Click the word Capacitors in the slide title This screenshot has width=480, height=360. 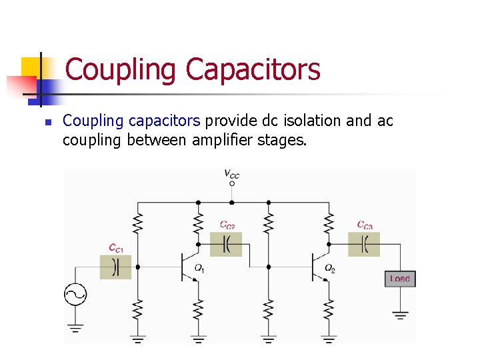click(253, 69)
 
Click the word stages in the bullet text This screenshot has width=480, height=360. click(283, 141)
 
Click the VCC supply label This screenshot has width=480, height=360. click(231, 175)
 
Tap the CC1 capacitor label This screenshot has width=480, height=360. click(116, 248)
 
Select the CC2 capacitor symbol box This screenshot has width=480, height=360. click(226, 244)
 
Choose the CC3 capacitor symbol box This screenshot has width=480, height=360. click(364, 244)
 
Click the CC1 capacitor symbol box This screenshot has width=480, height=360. click(115, 267)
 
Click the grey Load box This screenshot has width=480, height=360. click(399, 279)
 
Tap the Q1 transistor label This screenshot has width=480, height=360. click(199, 268)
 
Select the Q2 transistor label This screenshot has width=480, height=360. click(329, 268)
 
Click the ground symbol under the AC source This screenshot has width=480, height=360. click(75, 327)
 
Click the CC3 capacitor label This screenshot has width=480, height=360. click(365, 225)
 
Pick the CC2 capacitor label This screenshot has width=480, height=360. click(227, 225)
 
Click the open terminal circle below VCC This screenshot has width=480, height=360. click(231, 183)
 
